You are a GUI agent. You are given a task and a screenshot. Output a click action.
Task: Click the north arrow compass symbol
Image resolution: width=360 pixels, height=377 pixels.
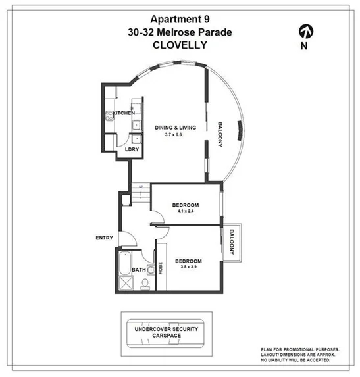(305, 31)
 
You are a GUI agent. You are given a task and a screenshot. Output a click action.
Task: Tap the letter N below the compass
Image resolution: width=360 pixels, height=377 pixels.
(304, 46)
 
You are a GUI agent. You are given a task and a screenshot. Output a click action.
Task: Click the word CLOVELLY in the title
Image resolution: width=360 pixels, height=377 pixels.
(180, 45)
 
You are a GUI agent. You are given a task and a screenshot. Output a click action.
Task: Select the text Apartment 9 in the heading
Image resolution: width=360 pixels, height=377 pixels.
(180, 19)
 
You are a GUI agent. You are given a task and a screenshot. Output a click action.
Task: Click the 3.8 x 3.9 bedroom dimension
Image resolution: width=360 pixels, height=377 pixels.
(188, 268)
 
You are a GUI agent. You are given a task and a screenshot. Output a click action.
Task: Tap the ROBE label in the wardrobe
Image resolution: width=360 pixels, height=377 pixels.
(160, 268)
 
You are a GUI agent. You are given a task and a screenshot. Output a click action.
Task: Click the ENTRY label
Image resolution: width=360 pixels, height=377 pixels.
(104, 238)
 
